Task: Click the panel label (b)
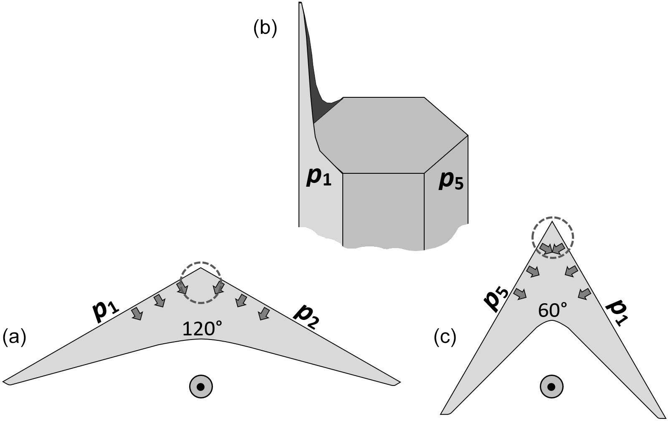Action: [265, 30]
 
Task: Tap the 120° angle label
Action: [202, 330]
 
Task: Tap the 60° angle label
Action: [552, 310]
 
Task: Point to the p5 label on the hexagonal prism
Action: [451, 181]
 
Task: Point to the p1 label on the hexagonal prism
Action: [319, 178]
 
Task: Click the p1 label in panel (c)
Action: [616, 313]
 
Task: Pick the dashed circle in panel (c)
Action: [553, 237]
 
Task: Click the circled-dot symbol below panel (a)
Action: [201, 387]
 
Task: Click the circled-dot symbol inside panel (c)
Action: [552, 387]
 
